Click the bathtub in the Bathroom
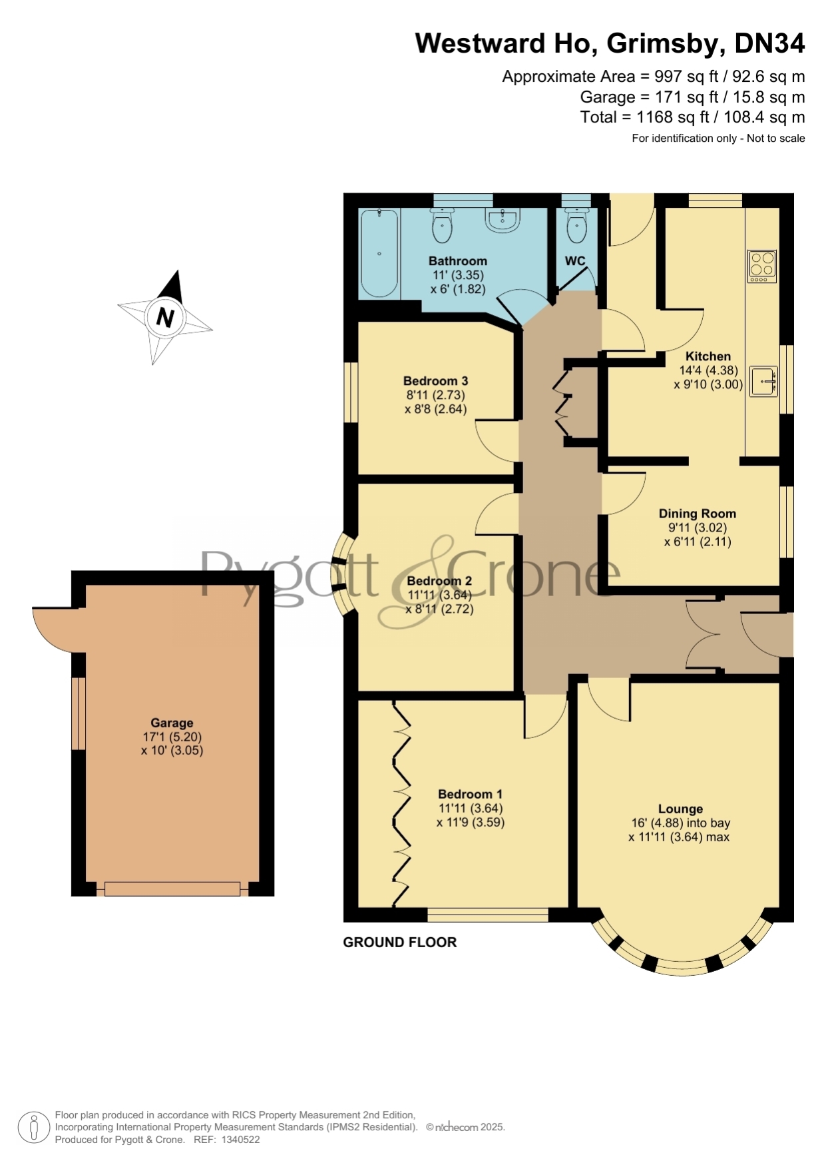[x=379, y=253]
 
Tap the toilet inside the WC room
[x=576, y=224]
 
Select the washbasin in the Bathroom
[x=503, y=220]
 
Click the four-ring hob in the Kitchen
[x=762, y=266]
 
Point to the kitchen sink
[x=764, y=382]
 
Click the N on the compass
[x=165, y=317]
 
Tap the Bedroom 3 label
[x=435, y=381]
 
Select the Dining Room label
[x=698, y=514]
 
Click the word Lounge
[x=680, y=809]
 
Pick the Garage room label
[x=172, y=723]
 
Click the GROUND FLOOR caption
[x=399, y=942]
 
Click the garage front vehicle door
[x=172, y=889]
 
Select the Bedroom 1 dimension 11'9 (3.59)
[x=471, y=822]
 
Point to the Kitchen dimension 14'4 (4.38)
[x=708, y=370]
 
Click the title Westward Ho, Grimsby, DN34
[x=610, y=43]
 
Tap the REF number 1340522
[x=240, y=1140]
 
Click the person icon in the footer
[x=33, y=1127]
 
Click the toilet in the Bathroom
[x=442, y=224]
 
